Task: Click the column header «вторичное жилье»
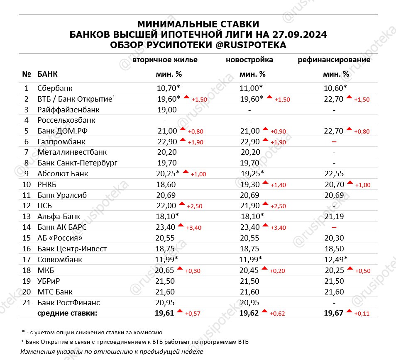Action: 165,60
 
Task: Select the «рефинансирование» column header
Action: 334,60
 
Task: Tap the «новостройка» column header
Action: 249,60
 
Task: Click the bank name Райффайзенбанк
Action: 68,110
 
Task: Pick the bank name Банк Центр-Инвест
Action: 72,249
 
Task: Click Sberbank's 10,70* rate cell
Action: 168,88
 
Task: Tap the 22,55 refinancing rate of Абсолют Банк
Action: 334,174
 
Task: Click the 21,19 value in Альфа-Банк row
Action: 334,216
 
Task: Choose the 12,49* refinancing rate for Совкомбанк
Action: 335,260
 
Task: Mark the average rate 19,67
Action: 334,313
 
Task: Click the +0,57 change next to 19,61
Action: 194,314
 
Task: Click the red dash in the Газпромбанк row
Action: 334,142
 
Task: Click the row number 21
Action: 27,302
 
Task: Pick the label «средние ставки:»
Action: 67,313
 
